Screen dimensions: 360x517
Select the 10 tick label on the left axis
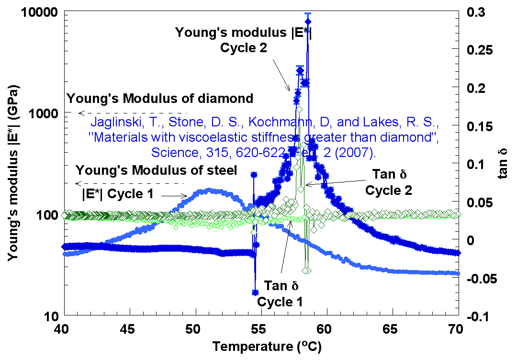tap(49, 316)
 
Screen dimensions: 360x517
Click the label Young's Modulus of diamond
tap(160, 99)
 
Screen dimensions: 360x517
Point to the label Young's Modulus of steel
tap(157, 170)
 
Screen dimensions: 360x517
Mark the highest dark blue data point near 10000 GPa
tap(308, 22)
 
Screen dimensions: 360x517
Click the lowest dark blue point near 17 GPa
tap(255, 292)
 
